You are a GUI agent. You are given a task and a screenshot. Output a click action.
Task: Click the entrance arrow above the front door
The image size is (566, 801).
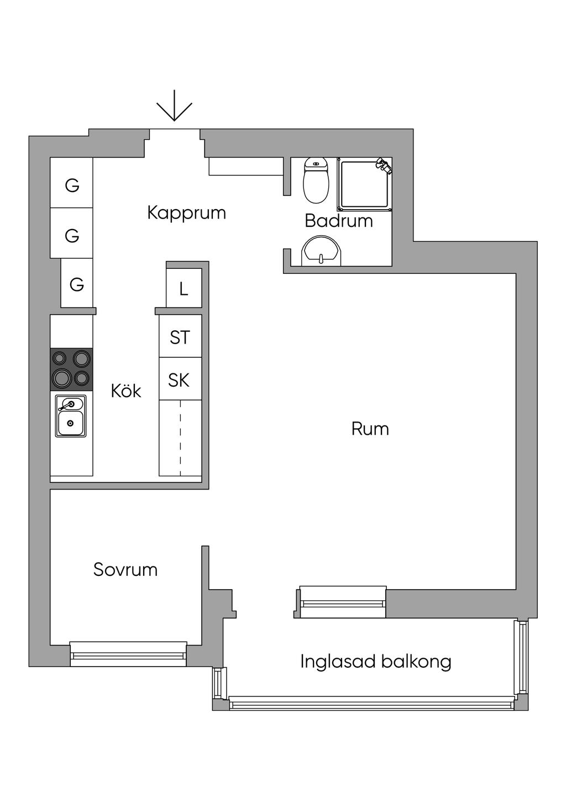click(x=174, y=106)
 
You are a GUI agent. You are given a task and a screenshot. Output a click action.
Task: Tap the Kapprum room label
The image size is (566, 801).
click(x=186, y=214)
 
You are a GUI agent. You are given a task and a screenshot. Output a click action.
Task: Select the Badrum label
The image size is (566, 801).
click(x=339, y=221)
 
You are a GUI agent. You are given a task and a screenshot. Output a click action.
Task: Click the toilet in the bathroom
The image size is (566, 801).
click(x=316, y=180)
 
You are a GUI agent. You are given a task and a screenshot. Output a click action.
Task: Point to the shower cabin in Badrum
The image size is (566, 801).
click(x=364, y=185)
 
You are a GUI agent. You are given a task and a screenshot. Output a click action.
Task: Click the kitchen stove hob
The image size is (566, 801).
click(x=71, y=370)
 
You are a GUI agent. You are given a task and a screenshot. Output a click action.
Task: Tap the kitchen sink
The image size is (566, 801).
click(x=70, y=416)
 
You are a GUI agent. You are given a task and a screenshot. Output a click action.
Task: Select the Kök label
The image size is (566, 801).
click(x=126, y=391)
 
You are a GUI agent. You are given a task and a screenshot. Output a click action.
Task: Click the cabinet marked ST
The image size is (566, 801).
click(x=180, y=336)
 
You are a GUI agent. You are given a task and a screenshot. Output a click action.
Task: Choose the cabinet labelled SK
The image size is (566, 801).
click(x=180, y=379)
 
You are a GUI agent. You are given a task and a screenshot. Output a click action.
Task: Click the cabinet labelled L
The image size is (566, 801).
click(x=184, y=288)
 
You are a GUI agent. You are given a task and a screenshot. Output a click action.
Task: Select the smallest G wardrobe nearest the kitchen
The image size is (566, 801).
click(x=77, y=283)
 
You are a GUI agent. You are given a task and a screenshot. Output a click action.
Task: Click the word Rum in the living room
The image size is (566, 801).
click(x=370, y=429)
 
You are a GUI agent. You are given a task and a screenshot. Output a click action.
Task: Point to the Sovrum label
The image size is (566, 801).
click(x=125, y=570)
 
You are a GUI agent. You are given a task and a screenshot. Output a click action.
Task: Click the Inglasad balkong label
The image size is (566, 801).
click(x=375, y=662)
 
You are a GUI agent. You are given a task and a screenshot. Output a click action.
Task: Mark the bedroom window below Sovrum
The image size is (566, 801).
click(x=128, y=654)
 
